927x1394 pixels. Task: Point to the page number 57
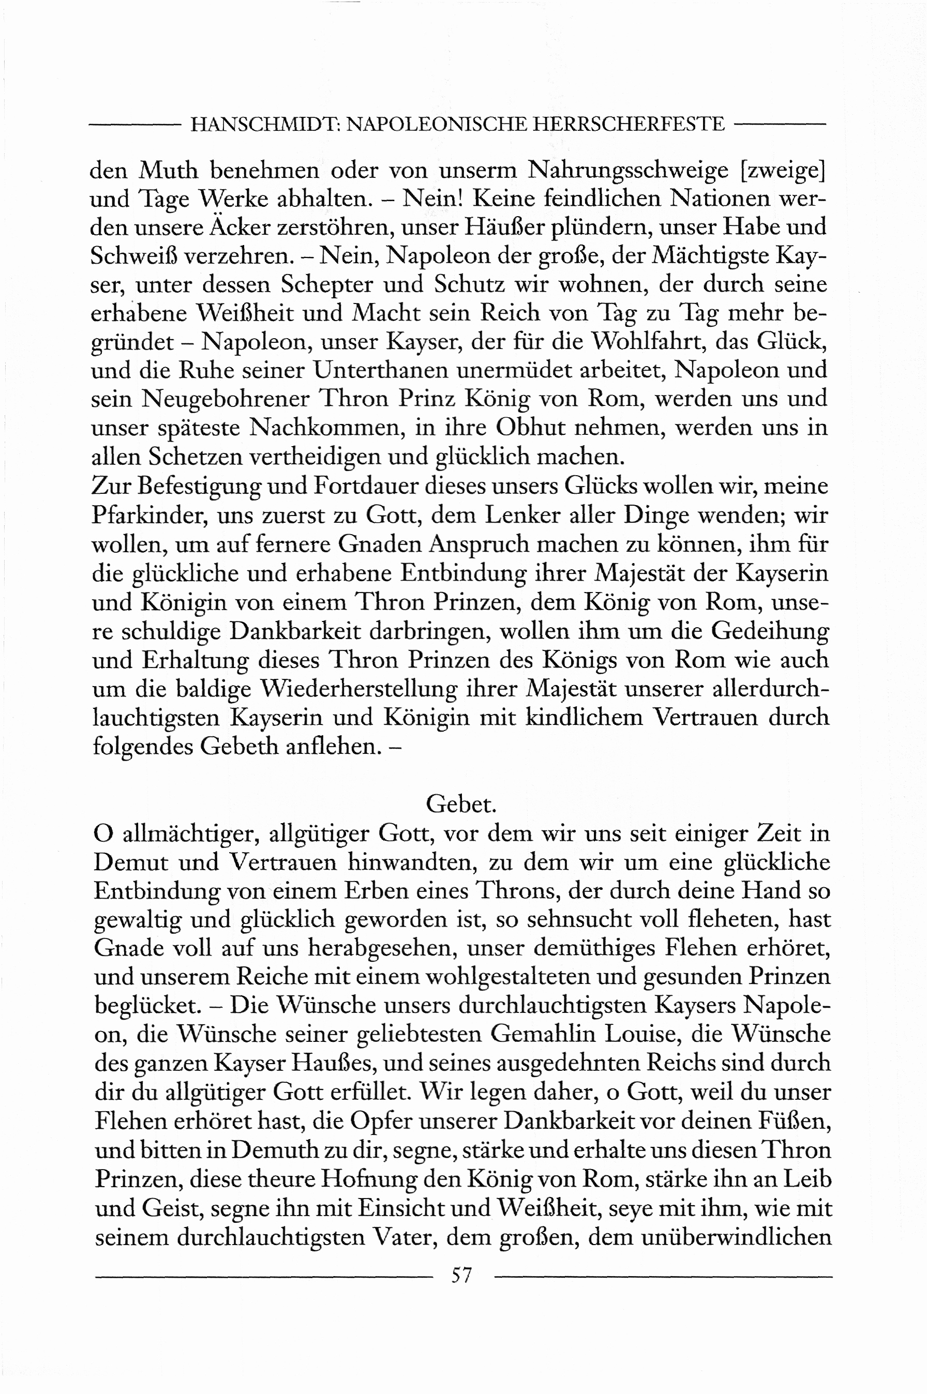[462, 1275]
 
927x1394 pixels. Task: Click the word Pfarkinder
[148, 516]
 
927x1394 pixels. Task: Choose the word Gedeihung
[770, 630]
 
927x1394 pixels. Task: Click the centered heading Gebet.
[461, 804]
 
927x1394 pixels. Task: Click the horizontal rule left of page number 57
[263, 1277]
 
